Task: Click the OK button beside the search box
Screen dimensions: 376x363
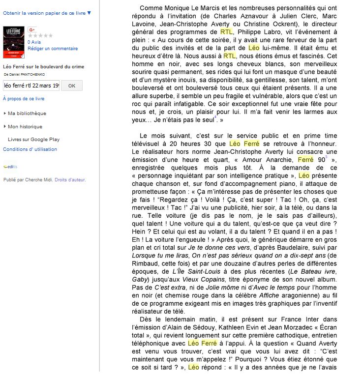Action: tap(72, 86)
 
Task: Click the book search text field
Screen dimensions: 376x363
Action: tap(31, 86)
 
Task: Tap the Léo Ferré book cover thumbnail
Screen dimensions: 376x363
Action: tap(13, 42)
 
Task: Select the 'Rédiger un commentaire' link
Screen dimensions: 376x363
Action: tap(53, 49)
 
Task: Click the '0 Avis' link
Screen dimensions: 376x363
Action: tap(34, 42)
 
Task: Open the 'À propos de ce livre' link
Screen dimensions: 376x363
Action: tap(24, 99)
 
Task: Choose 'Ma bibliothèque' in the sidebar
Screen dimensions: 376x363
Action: tap(27, 114)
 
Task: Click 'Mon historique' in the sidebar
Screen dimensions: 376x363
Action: tap(25, 127)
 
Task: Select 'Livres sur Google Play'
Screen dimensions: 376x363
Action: tap(34, 140)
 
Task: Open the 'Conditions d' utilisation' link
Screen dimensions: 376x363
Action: tap(30, 149)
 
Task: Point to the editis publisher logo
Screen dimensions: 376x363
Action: tap(10, 167)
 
